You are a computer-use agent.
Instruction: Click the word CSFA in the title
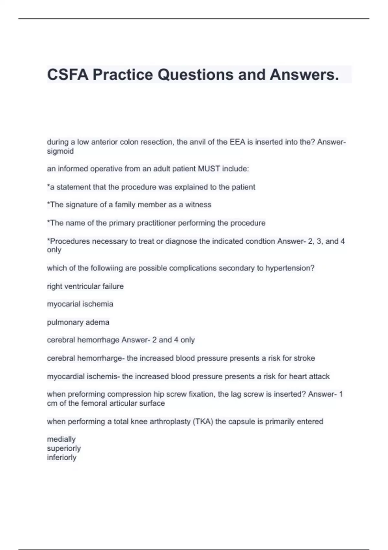click(68, 75)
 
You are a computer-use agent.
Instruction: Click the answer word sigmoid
click(60, 151)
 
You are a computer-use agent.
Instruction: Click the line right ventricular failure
click(85, 286)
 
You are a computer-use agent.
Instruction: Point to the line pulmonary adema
click(78, 322)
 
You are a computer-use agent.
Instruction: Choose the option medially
click(61, 439)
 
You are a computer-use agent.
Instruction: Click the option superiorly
click(64, 448)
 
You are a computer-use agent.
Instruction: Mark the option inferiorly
click(62, 457)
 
